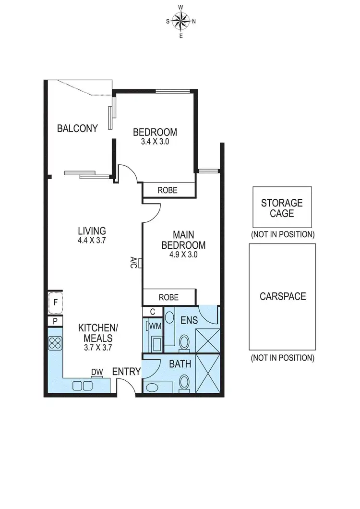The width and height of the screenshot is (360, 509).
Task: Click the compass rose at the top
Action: tap(180, 21)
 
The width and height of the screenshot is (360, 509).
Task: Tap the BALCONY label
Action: tap(77, 129)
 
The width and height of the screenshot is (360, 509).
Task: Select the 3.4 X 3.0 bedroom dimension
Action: tap(155, 142)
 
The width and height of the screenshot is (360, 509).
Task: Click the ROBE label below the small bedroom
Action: tap(168, 191)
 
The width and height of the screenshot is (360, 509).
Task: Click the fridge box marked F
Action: tap(56, 303)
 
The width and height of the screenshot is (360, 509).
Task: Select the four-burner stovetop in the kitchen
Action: tap(55, 343)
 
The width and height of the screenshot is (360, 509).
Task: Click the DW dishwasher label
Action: tap(97, 372)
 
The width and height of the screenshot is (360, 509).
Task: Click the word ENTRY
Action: tap(126, 372)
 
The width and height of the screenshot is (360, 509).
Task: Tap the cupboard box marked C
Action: tap(152, 312)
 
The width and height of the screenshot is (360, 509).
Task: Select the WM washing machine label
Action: tap(155, 326)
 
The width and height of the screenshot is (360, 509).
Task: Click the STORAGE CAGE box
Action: tap(282, 207)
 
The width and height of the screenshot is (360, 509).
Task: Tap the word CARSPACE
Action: tap(283, 296)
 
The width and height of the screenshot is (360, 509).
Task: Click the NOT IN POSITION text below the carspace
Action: tap(282, 358)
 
